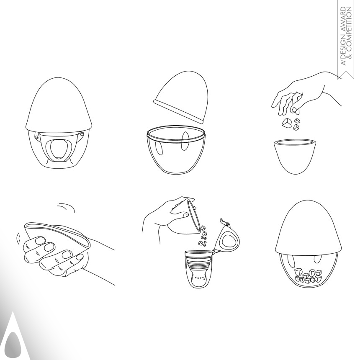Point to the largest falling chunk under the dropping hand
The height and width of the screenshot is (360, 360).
[288, 123]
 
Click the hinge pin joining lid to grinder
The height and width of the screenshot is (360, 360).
[214, 251]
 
